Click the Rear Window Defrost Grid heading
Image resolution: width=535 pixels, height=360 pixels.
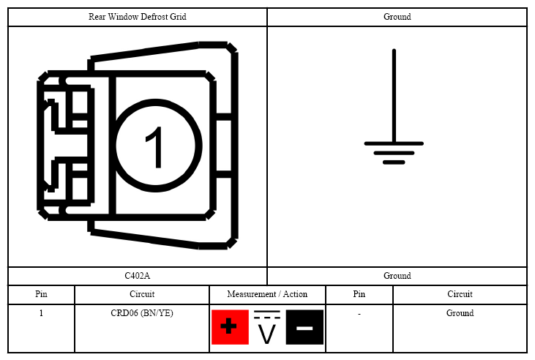coord(138,17)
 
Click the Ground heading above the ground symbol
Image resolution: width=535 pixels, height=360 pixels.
coord(397,17)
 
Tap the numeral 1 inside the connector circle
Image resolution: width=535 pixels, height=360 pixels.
coord(155,147)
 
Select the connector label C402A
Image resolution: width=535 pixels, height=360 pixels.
coord(137,276)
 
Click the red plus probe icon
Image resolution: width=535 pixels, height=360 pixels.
coord(230,327)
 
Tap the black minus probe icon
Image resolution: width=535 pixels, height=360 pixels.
coord(304,327)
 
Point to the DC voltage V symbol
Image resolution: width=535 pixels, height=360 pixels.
coord(267,327)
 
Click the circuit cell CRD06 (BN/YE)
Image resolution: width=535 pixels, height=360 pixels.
coord(142,313)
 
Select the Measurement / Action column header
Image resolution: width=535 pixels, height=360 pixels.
coord(267,294)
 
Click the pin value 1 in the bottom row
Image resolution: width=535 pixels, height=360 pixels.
coord(41,313)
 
